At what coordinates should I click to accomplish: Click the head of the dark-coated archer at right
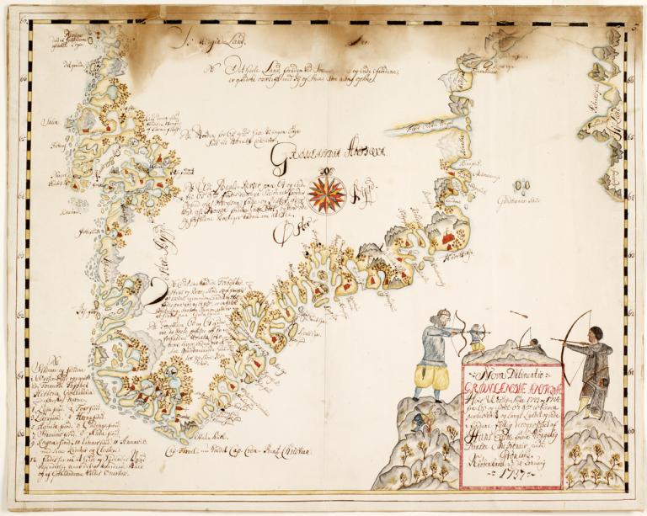[x=596, y=333]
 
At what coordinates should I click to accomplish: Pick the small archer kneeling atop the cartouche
[x=478, y=336]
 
